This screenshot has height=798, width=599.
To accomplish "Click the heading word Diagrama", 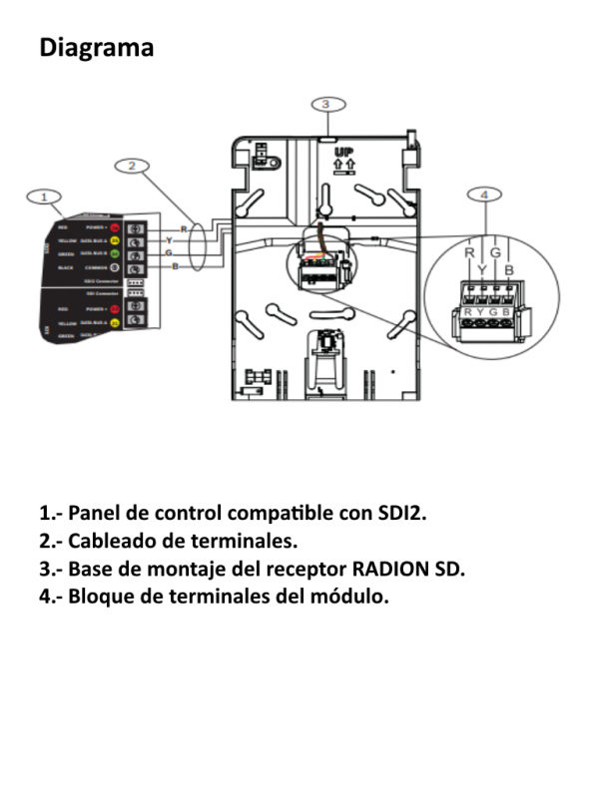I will click(96, 47).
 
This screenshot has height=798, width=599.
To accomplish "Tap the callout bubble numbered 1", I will click(44, 197).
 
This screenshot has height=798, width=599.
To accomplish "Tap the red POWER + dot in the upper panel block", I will click(116, 227).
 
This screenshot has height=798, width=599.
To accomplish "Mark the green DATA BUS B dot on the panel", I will click(116, 254).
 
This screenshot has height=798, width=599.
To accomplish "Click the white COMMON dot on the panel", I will click(116, 267).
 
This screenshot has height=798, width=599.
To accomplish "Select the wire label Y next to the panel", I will click(169, 241).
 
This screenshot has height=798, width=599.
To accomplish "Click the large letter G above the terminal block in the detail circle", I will click(495, 253).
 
